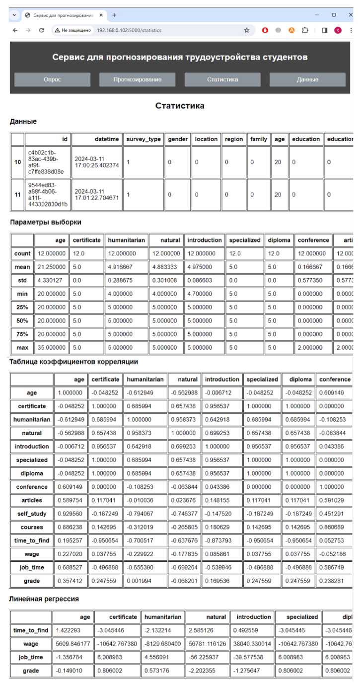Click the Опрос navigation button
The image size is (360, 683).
click(x=52, y=79)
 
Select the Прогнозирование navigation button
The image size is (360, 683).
click(x=137, y=79)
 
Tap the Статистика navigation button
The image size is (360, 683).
click(x=222, y=79)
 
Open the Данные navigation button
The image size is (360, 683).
click(x=307, y=79)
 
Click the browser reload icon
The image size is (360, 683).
click(x=42, y=30)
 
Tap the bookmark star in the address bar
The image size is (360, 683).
click(x=246, y=30)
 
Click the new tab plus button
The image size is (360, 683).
click(x=114, y=15)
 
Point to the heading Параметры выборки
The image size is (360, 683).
click(x=45, y=222)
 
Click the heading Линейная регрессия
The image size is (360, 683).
click(x=44, y=599)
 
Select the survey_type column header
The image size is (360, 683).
click(x=144, y=139)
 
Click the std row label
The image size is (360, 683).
click(x=22, y=279)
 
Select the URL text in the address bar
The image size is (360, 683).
click(x=129, y=30)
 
